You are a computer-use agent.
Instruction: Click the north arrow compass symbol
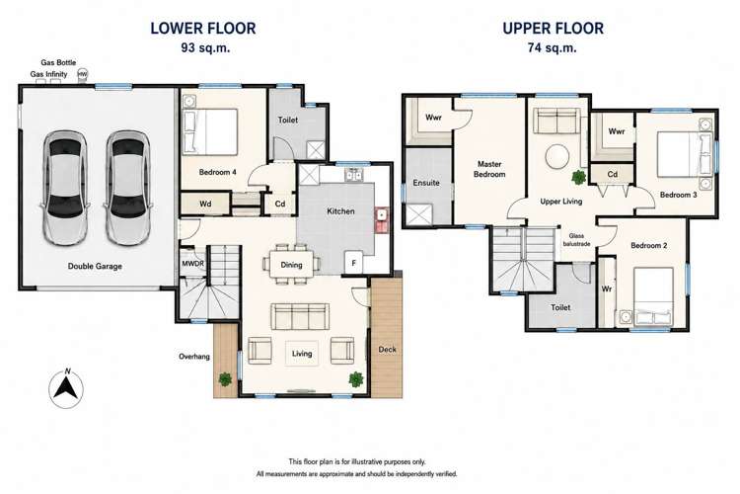tap(66, 389)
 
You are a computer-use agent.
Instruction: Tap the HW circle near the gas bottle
tap(83, 74)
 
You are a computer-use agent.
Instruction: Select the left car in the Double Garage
tap(65, 188)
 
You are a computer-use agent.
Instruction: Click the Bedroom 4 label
tap(217, 172)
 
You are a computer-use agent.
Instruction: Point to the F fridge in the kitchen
tap(353, 263)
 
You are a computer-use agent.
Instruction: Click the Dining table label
tap(291, 265)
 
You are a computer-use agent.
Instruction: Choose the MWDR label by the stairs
tap(193, 264)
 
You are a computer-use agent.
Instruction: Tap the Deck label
tap(387, 350)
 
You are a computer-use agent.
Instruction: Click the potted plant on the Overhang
tap(225, 378)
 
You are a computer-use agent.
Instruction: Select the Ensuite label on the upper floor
tap(426, 183)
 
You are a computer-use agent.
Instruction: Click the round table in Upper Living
tap(557, 155)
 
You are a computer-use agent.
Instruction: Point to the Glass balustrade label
tap(576, 240)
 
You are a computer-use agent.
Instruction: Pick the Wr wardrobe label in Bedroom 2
tap(607, 288)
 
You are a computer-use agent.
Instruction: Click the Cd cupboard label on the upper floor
tap(612, 174)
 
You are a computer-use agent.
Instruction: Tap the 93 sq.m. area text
tap(205, 47)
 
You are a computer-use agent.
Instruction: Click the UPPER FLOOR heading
tap(553, 29)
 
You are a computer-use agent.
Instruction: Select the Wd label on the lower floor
tap(205, 204)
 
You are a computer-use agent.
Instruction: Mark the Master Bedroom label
tap(489, 169)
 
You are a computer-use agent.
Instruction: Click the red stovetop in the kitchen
tap(381, 219)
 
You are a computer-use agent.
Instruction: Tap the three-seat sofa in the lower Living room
tap(300, 316)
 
